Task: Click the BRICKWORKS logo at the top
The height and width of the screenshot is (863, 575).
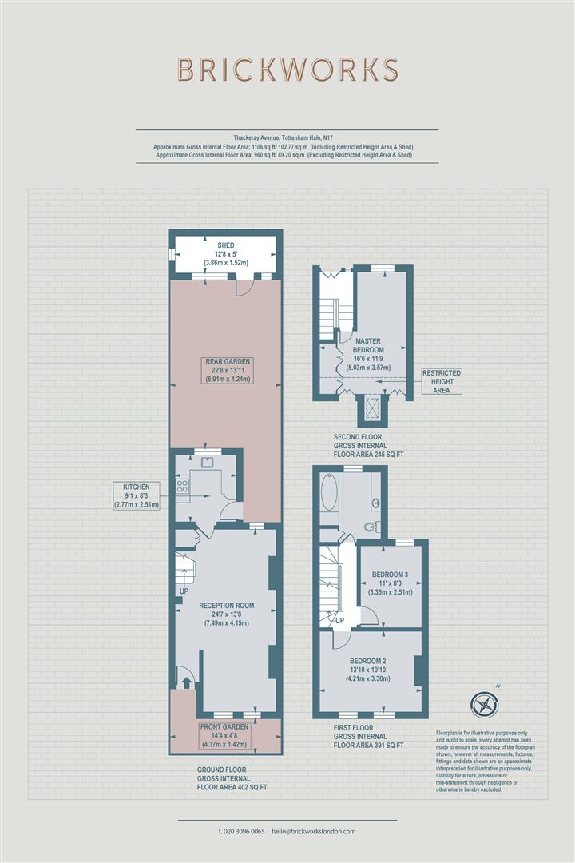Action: click(287, 70)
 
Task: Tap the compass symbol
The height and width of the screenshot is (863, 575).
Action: click(484, 704)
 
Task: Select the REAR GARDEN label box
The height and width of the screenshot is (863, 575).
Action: click(228, 370)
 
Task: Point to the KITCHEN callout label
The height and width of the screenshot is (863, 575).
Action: click(137, 495)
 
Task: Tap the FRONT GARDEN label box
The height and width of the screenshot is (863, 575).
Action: click(224, 736)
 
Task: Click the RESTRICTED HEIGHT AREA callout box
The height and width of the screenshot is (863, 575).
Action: click(442, 381)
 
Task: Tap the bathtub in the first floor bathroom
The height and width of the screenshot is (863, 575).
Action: click(329, 491)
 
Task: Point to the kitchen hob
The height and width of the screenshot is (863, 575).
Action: click(182, 486)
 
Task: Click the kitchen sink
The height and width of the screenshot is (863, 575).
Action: click(207, 462)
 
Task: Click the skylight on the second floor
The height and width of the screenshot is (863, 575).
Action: click(373, 408)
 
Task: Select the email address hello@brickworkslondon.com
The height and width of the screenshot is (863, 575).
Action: click(314, 832)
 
